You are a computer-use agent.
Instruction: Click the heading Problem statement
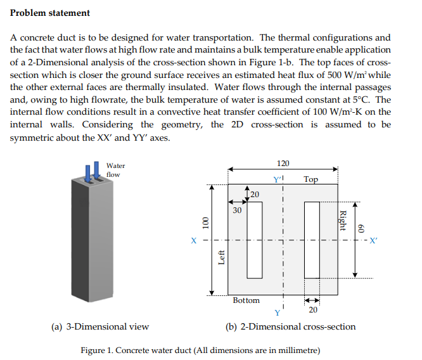pos(50,13)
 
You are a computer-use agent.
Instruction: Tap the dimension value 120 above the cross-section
pos(283,164)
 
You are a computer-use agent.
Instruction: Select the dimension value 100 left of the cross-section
pos(205,224)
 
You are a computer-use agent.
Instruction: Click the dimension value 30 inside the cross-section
pos(237,209)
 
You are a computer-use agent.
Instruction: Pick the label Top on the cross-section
pos(310,179)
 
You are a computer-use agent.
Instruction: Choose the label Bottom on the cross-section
pos(246,300)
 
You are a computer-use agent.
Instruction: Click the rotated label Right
pos(343,220)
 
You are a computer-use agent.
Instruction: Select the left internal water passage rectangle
pos(254,240)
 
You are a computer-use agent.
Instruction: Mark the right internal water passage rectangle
pos(312,240)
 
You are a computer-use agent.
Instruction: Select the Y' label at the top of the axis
pos(277,179)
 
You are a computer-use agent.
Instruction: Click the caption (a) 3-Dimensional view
pos(100,327)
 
